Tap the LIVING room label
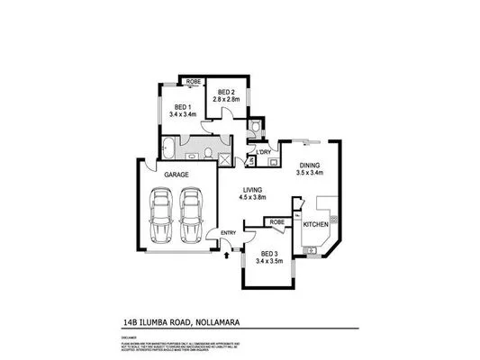252,190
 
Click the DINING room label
310,165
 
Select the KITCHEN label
315,222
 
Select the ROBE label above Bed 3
277,220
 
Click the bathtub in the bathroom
171,148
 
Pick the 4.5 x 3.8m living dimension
252,199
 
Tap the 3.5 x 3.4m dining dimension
310,174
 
